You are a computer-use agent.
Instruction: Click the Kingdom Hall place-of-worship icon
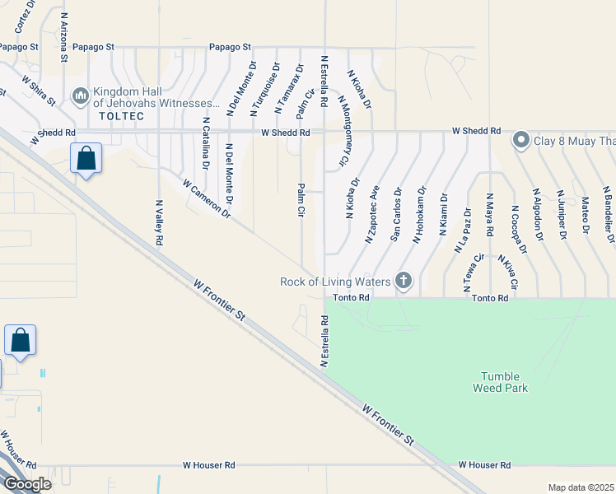tap(81, 96)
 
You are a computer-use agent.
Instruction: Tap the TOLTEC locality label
tap(121, 116)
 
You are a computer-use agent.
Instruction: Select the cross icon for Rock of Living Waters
tap(404, 281)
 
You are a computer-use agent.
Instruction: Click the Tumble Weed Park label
tap(501, 381)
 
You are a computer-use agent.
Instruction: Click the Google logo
tap(27, 484)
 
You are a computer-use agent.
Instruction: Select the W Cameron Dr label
tap(206, 199)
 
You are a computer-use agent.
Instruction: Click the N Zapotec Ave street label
tap(372, 213)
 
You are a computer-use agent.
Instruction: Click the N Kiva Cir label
tap(506, 272)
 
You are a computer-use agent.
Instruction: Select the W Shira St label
tap(39, 91)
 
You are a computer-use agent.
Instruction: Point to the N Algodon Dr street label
tap(539, 212)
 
